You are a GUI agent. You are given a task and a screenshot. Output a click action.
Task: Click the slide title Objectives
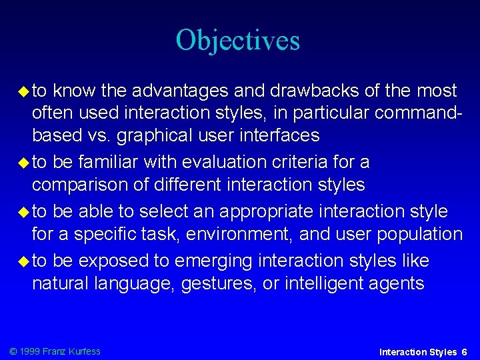tap(238, 41)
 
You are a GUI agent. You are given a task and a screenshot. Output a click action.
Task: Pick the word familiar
tap(116, 162)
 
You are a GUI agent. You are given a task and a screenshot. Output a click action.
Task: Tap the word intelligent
tap(326, 283)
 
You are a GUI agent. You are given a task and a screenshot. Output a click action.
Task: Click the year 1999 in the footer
tap(29, 351)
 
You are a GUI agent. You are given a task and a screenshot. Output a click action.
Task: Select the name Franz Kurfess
tap(71, 351)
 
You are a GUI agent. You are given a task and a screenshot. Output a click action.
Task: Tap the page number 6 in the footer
tap(465, 351)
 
